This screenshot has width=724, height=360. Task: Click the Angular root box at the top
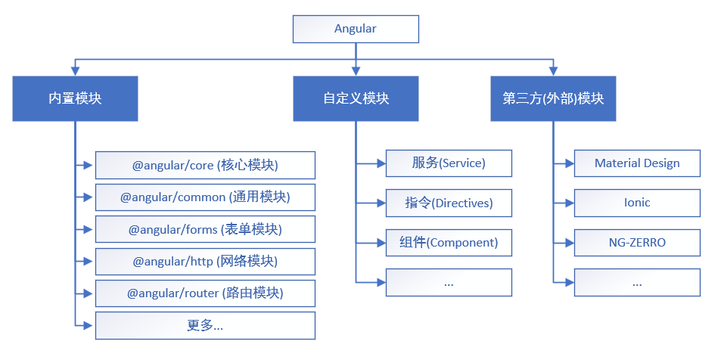(x=356, y=29)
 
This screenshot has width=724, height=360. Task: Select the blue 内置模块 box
(x=75, y=98)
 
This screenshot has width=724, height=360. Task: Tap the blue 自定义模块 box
(x=356, y=98)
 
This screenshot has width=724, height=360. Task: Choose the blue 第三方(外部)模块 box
(x=553, y=98)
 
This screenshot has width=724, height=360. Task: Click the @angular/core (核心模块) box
(x=205, y=165)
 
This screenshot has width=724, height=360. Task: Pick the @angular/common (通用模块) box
(x=205, y=197)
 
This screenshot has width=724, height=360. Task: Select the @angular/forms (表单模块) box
(x=205, y=229)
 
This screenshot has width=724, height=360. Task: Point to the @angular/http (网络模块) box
(x=205, y=261)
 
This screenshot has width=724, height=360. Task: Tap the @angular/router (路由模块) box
(x=205, y=293)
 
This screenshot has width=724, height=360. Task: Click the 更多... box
(x=205, y=325)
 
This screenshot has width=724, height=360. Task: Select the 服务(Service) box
(x=449, y=163)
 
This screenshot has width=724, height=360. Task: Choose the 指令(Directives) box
(x=449, y=203)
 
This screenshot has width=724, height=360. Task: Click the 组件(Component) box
(x=449, y=243)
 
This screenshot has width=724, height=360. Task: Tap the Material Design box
(x=637, y=163)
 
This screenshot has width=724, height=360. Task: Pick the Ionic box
(x=637, y=203)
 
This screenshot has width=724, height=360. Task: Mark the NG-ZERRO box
(x=637, y=243)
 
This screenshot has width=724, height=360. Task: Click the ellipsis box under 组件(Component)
(x=449, y=282)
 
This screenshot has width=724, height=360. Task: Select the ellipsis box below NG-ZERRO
(x=637, y=282)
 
